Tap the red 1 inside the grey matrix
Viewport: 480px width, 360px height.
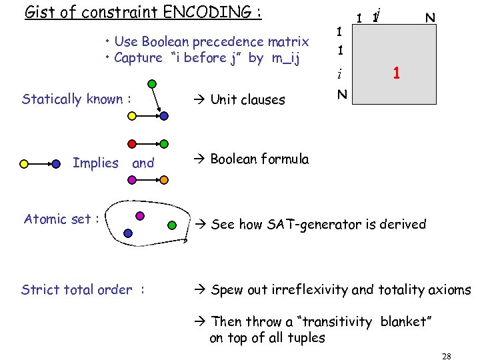(x=396, y=73)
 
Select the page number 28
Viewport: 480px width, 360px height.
(x=447, y=356)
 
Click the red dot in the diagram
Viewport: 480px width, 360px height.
(x=133, y=143)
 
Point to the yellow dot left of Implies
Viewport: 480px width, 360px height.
(x=25, y=163)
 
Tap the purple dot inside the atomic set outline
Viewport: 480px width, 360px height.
(x=139, y=215)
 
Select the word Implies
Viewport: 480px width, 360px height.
(x=95, y=163)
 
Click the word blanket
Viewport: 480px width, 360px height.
(x=406, y=321)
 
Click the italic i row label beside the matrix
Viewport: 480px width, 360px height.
(x=339, y=74)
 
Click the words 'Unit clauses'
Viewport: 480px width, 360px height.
(x=247, y=100)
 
